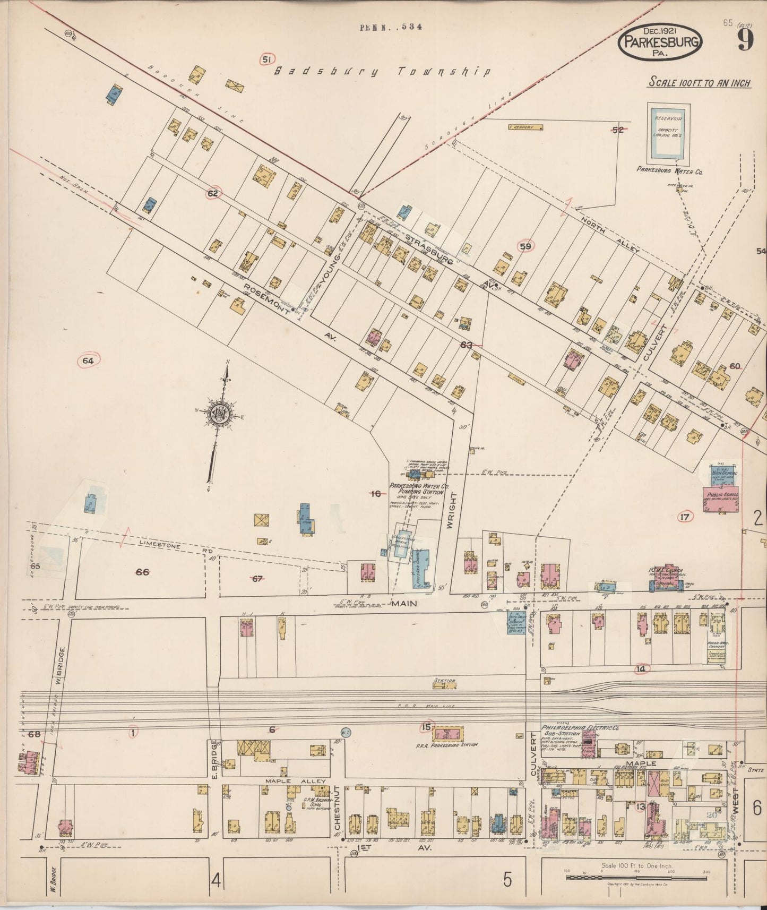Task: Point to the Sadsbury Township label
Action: coord(381,72)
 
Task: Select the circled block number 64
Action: coord(88,361)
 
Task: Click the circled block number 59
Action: coord(525,246)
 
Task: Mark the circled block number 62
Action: coord(213,194)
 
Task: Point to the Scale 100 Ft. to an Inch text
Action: coord(699,83)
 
